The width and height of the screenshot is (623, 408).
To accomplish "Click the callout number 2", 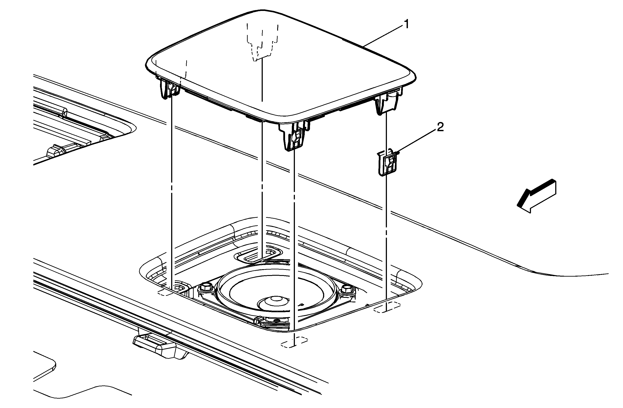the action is pos(440,127).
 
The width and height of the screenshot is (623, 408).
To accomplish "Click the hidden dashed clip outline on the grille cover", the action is pos(262,42).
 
